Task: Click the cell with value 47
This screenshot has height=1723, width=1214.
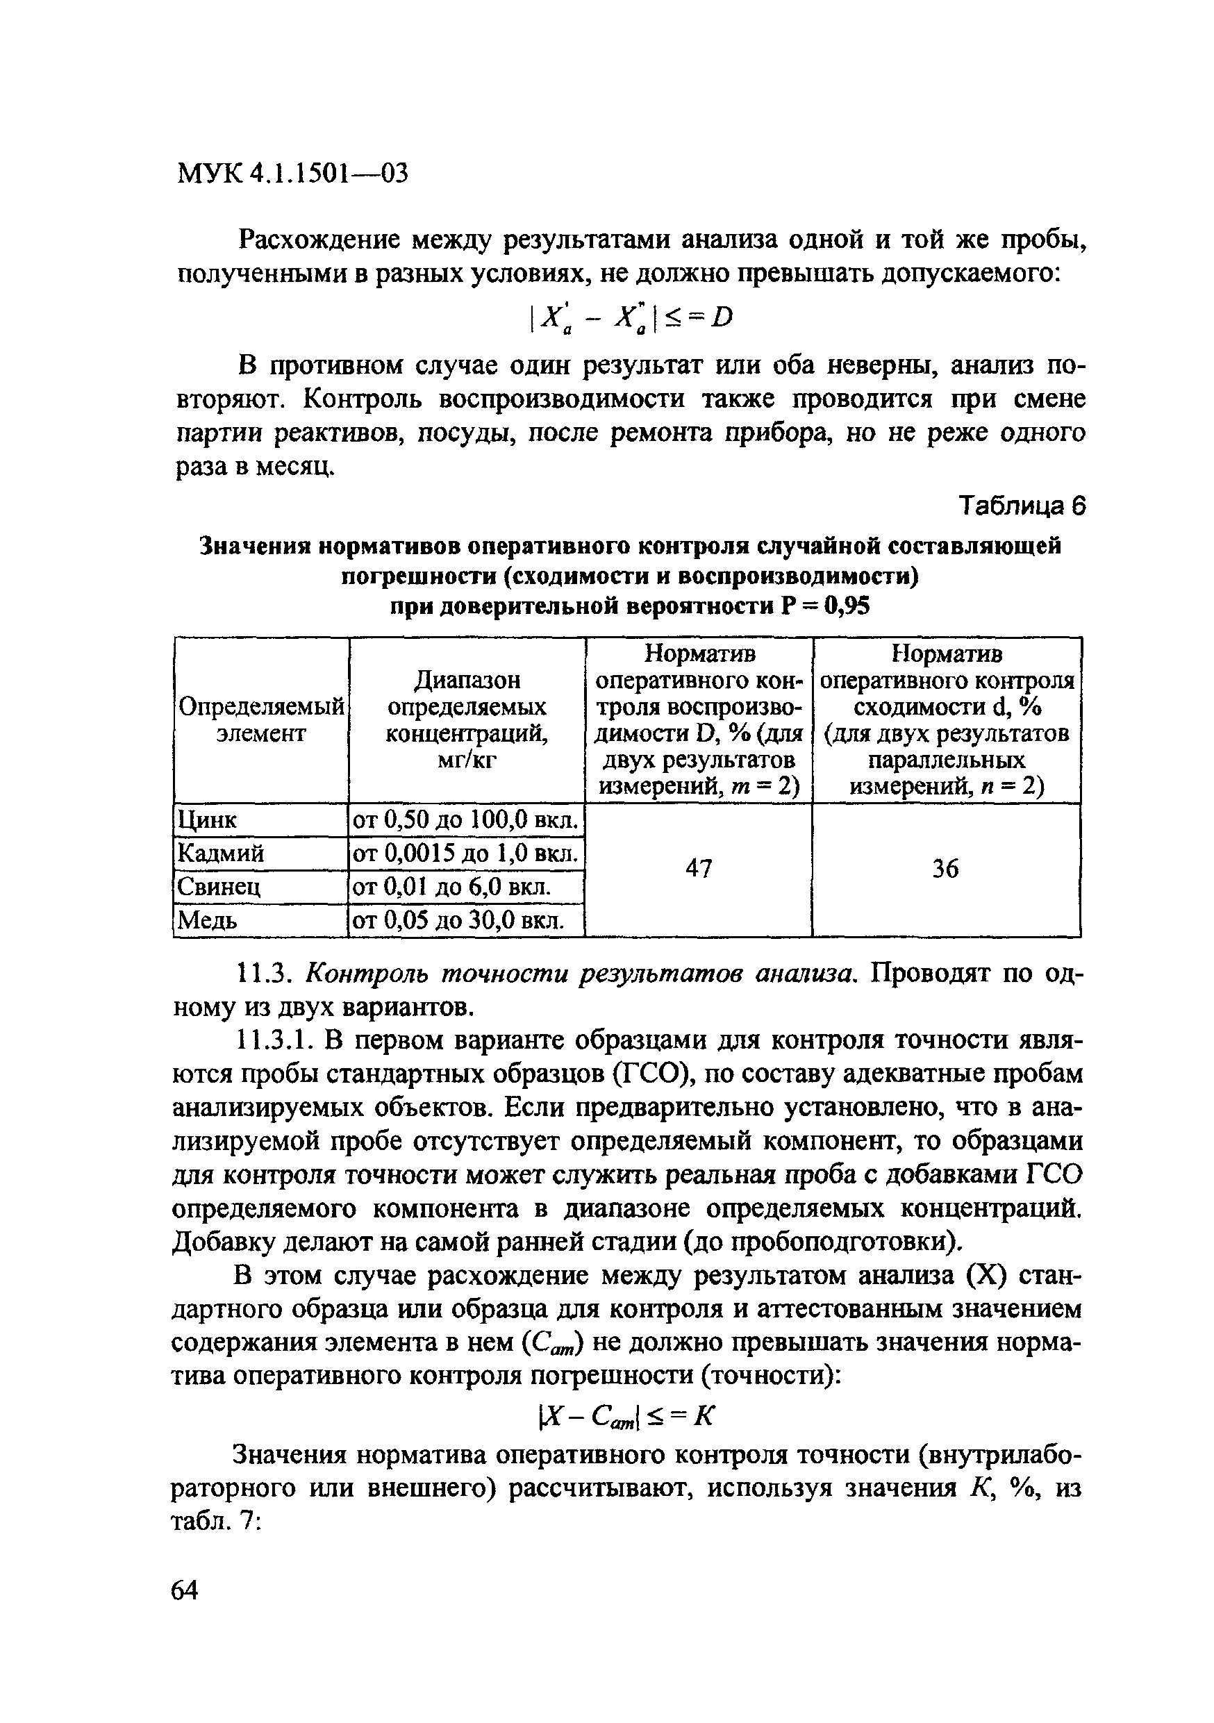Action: [699, 869]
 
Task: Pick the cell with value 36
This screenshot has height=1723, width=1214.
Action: [945, 869]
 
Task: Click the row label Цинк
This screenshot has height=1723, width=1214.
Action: [206, 820]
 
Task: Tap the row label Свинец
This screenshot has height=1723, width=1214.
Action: [218, 887]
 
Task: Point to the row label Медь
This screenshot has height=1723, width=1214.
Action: [206, 920]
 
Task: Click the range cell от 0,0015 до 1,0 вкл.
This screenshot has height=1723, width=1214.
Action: [465, 854]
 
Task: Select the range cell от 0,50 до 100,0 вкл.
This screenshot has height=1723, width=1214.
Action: [465, 820]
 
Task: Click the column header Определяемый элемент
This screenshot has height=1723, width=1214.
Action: [261, 719]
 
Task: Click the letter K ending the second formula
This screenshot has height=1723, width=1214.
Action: [703, 1416]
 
